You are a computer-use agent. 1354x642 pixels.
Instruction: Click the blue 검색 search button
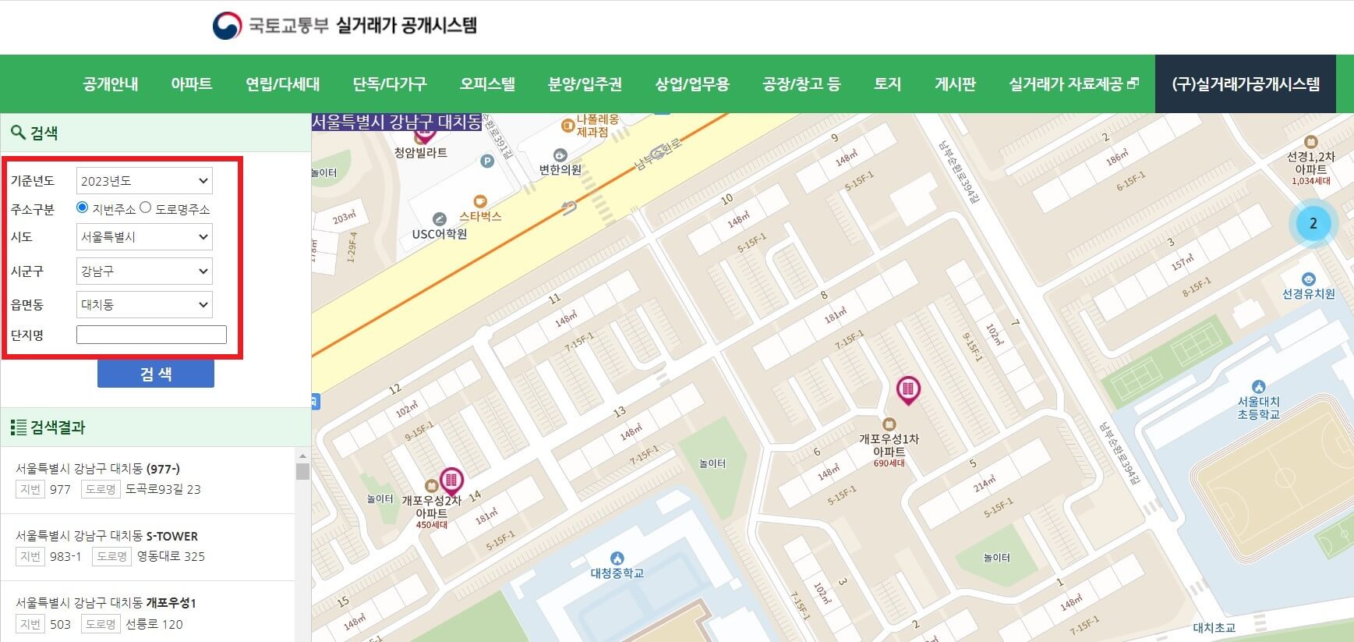(x=155, y=374)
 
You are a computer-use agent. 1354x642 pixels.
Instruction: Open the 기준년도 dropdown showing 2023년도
(x=144, y=181)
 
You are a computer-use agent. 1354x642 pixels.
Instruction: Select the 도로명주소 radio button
(x=146, y=207)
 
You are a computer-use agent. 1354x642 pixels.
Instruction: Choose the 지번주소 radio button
(x=82, y=207)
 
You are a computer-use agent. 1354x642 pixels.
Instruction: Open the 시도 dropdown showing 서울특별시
(x=144, y=237)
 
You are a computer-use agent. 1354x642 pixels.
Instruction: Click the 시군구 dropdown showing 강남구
(x=144, y=271)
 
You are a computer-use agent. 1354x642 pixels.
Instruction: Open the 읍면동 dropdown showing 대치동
(x=144, y=305)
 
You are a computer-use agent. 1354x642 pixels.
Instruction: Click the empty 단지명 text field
(x=151, y=335)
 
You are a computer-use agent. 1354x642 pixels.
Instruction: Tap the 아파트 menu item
(x=191, y=84)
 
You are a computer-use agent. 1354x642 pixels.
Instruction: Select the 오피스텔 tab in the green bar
(x=487, y=84)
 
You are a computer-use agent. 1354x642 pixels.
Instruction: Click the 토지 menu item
(x=887, y=84)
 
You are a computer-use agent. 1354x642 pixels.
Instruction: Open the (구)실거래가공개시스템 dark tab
(x=1245, y=84)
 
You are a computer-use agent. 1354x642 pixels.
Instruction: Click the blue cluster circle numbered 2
(x=1313, y=224)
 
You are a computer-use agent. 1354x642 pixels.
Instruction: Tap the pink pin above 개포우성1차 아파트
(x=907, y=388)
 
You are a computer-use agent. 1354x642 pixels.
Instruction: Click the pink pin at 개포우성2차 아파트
(x=451, y=480)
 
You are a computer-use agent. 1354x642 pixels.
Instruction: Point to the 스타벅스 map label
(x=480, y=216)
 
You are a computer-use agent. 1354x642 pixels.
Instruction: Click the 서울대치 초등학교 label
(x=1258, y=407)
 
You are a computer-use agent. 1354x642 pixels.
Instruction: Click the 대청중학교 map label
(x=617, y=573)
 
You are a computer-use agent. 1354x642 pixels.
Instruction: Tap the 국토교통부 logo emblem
(x=227, y=26)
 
